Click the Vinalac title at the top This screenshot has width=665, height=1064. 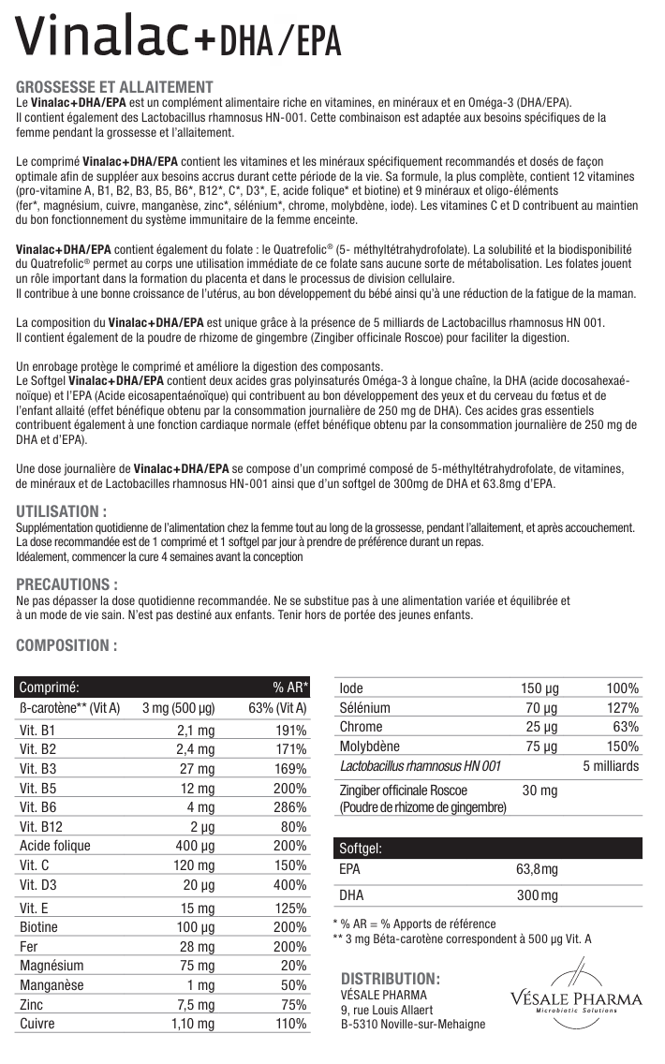[x=178, y=38]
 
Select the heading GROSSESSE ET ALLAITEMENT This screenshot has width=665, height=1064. [x=115, y=87]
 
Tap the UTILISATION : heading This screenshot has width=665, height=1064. [x=62, y=511]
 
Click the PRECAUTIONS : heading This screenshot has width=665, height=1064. [x=67, y=584]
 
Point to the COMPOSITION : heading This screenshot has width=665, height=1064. [x=67, y=645]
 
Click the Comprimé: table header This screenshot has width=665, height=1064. [x=49, y=687]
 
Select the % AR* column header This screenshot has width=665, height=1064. [x=290, y=687]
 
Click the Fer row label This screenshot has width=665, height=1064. [x=30, y=946]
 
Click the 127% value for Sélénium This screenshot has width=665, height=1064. [x=622, y=708]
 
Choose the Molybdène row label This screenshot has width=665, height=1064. [x=369, y=746]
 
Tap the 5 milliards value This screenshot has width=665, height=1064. [x=610, y=766]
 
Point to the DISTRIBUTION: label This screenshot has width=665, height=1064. [x=391, y=977]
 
